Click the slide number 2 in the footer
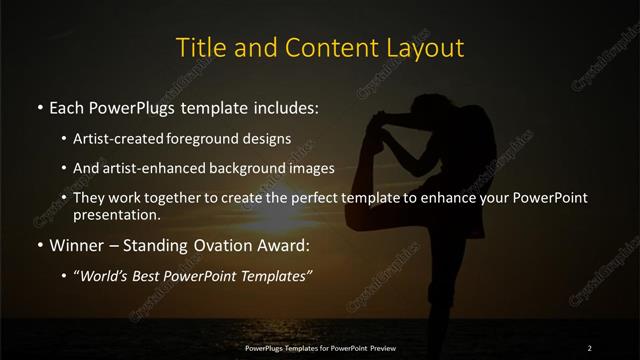point(590,348)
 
